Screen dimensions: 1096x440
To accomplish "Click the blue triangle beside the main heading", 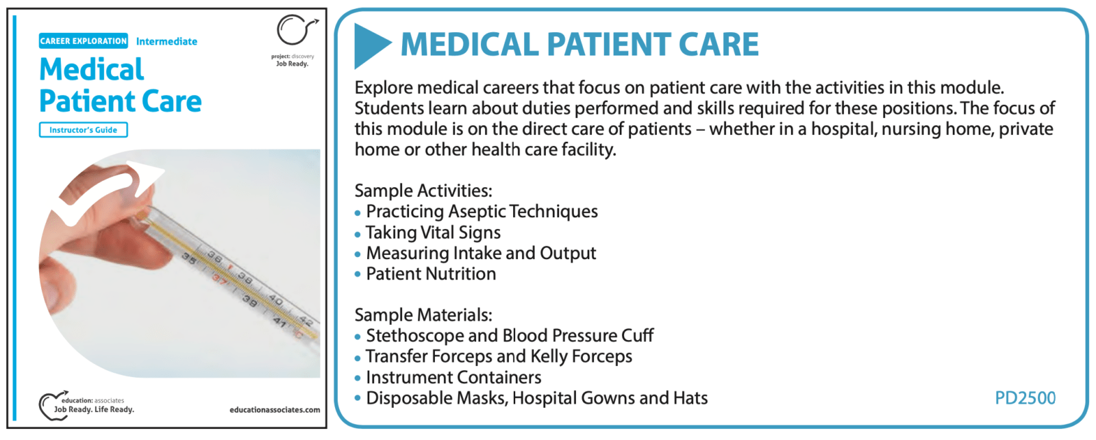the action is tap(370, 45).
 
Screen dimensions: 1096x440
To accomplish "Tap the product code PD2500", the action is tap(1025, 398).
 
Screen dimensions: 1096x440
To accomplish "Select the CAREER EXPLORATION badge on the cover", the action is tap(83, 41).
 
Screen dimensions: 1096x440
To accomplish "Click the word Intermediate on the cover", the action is tap(166, 42).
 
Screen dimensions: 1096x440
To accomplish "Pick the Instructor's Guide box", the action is tap(83, 130).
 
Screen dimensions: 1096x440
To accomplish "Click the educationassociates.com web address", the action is tap(275, 410).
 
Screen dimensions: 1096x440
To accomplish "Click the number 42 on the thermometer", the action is tap(306, 321).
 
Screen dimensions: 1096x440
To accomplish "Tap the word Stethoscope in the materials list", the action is tap(415, 336).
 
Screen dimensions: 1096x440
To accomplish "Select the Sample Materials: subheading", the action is tap(423, 315).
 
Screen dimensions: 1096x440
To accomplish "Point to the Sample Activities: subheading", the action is tap(423, 191).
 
